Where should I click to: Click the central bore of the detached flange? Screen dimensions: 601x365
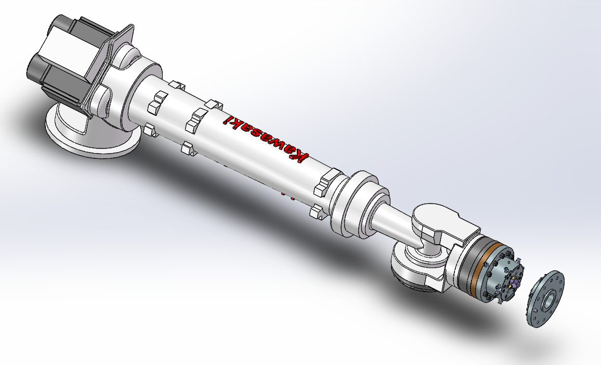pyautogui.click(x=550, y=298)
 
